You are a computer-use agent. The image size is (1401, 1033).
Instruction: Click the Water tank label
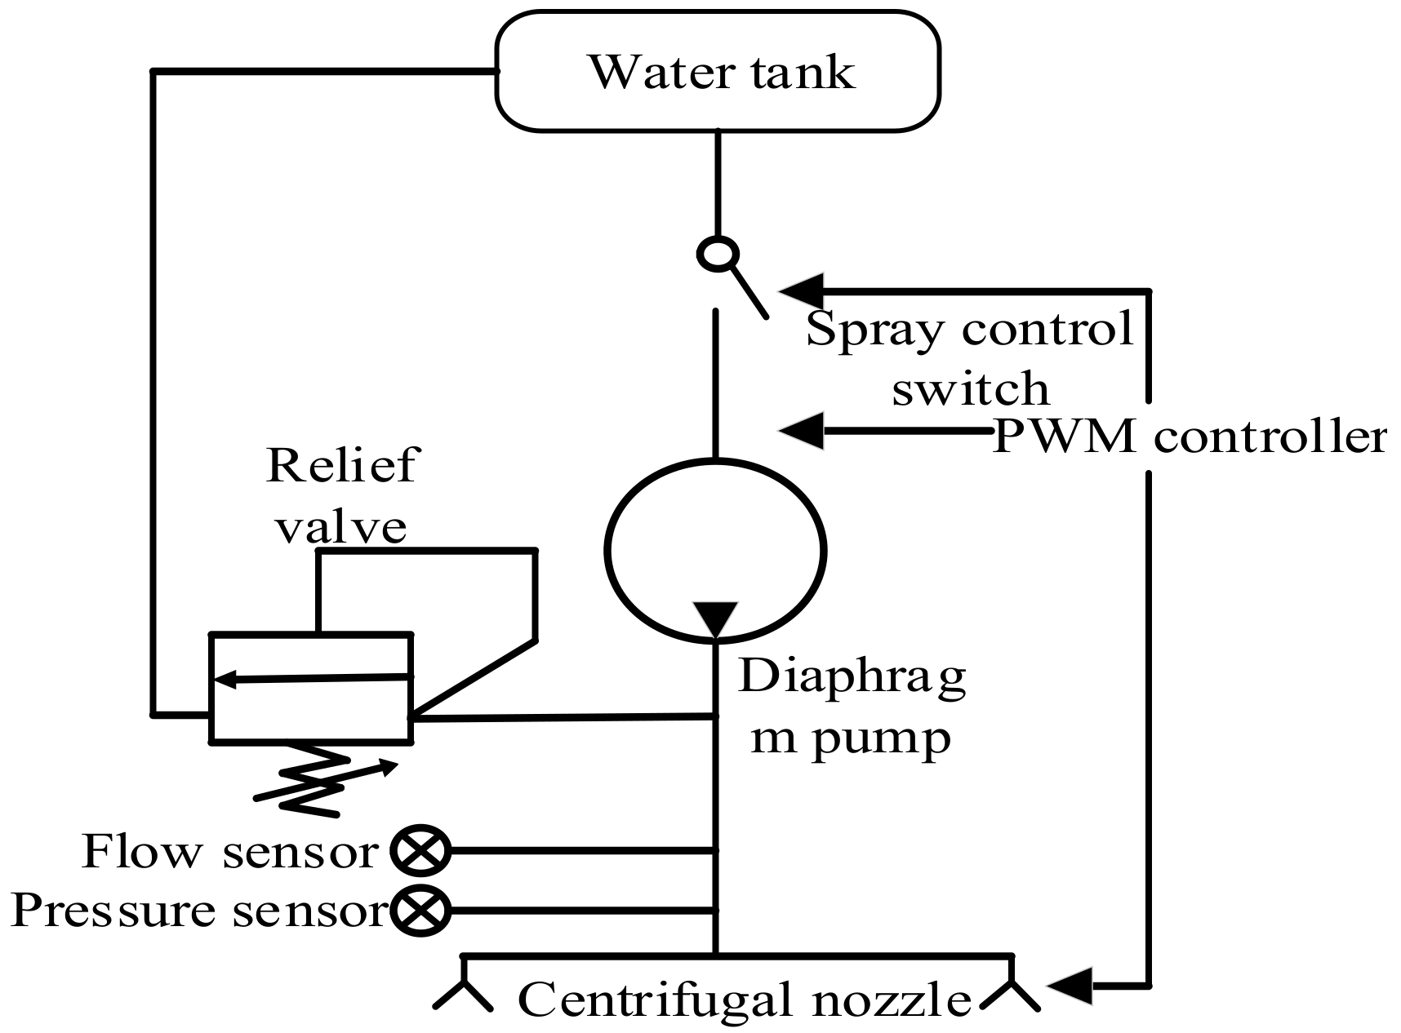[x=722, y=72]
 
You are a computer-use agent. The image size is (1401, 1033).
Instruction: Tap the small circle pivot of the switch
[x=718, y=254]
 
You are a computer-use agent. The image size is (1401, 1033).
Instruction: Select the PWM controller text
[x=1190, y=437]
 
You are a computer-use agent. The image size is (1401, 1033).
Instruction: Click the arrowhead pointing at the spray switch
[x=802, y=290]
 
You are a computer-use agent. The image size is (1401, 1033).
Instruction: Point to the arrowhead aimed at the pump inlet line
[x=802, y=429]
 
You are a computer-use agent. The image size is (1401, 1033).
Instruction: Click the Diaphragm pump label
[x=852, y=707]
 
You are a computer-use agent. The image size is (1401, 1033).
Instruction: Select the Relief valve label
[x=341, y=495]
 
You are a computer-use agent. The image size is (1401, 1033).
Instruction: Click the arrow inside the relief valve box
[x=310, y=678]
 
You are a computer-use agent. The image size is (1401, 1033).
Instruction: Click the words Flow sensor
[x=230, y=852]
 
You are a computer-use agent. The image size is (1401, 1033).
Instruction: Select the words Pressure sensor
[x=198, y=911]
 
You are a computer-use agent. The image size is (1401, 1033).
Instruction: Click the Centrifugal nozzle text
[x=744, y=1000]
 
